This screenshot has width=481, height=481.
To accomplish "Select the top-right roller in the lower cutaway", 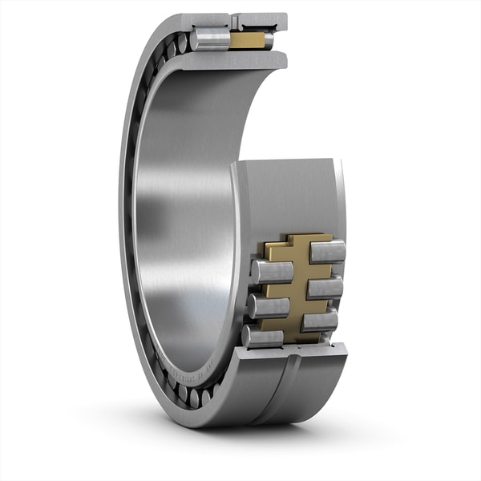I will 327,251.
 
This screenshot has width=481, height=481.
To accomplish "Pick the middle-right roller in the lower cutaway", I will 324,286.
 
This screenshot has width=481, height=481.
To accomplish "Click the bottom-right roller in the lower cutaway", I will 320,321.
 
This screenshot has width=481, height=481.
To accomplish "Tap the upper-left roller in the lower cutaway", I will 272,271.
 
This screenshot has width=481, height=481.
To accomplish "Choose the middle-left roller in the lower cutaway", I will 267,306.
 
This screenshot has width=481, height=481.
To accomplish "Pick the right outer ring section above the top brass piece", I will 261,19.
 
